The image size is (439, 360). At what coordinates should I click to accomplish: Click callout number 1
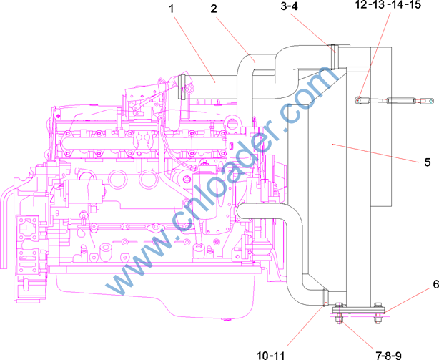pyautogui.click(x=172, y=9)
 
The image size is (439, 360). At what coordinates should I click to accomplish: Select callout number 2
pyautogui.click(x=214, y=9)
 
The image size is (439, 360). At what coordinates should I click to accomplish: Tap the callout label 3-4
pyautogui.click(x=290, y=6)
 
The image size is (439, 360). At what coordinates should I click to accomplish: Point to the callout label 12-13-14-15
pyautogui.click(x=388, y=5)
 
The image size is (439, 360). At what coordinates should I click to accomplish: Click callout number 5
pyautogui.click(x=428, y=162)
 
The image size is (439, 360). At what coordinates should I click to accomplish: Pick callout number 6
pyautogui.click(x=436, y=284)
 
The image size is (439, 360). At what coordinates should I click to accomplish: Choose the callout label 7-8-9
pyautogui.click(x=388, y=356)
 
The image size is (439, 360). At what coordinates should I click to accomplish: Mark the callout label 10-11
pyautogui.click(x=270, y=356)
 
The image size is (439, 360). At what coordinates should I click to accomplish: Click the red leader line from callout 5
pyautogui.click(x=376, y=153)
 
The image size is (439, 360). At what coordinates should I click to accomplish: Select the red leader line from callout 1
pyautogui.click(x=194, y=49)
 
